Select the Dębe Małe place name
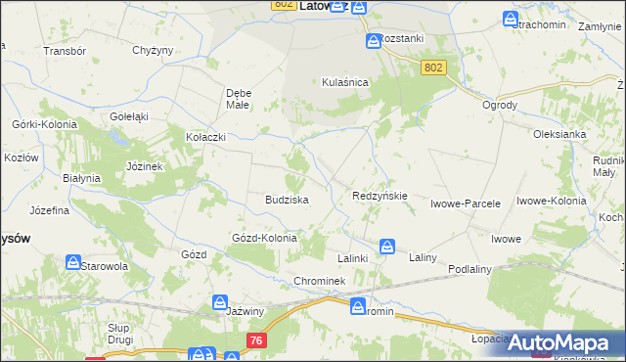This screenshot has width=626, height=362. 239,98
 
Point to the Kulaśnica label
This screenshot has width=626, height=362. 344,83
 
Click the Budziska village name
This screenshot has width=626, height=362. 287,199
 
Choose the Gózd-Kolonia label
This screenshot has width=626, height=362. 263,238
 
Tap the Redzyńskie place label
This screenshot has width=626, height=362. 380,196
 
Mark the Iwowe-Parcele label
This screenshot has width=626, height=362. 466,204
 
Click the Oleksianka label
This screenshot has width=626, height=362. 559,134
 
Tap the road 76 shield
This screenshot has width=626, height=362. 256,339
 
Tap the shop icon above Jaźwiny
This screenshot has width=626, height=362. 220,303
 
